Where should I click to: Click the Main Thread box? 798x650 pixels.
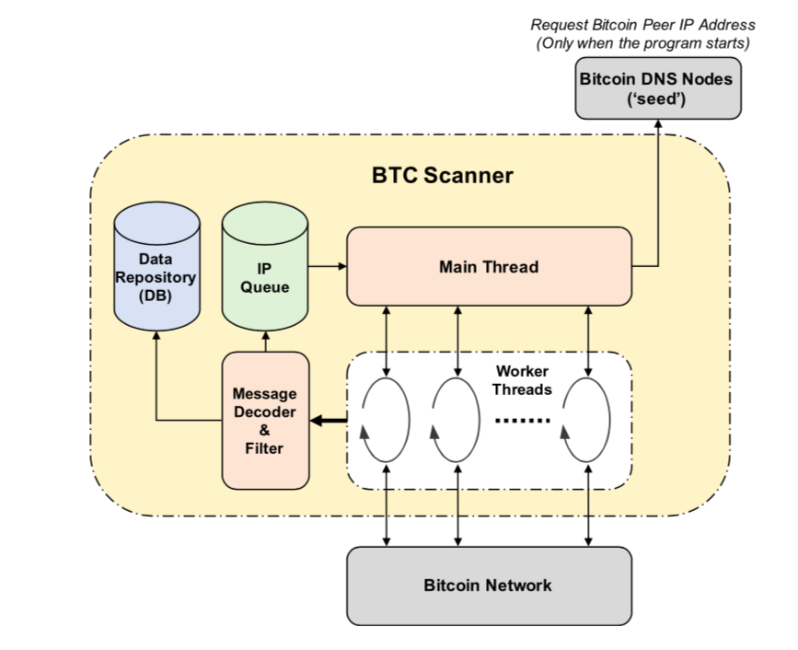[489, 267]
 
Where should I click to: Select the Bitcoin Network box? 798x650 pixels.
[488, 585]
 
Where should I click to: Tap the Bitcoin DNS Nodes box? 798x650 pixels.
[656, 87]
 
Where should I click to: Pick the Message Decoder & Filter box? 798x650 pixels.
[265, 420]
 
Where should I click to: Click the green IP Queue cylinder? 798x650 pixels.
[265, 277]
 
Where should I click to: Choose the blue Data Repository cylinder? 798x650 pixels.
[156, 277]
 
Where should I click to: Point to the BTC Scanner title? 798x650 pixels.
[442, 175]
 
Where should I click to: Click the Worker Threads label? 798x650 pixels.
[522, 380]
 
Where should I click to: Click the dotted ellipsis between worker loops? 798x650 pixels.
[522, 420]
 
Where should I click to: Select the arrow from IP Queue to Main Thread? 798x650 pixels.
[327, 267]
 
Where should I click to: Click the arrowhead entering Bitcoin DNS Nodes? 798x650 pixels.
[660, 125]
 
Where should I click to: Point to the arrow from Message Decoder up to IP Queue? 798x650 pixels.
[265, 340]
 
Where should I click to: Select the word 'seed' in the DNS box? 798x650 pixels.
[656, 99]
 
